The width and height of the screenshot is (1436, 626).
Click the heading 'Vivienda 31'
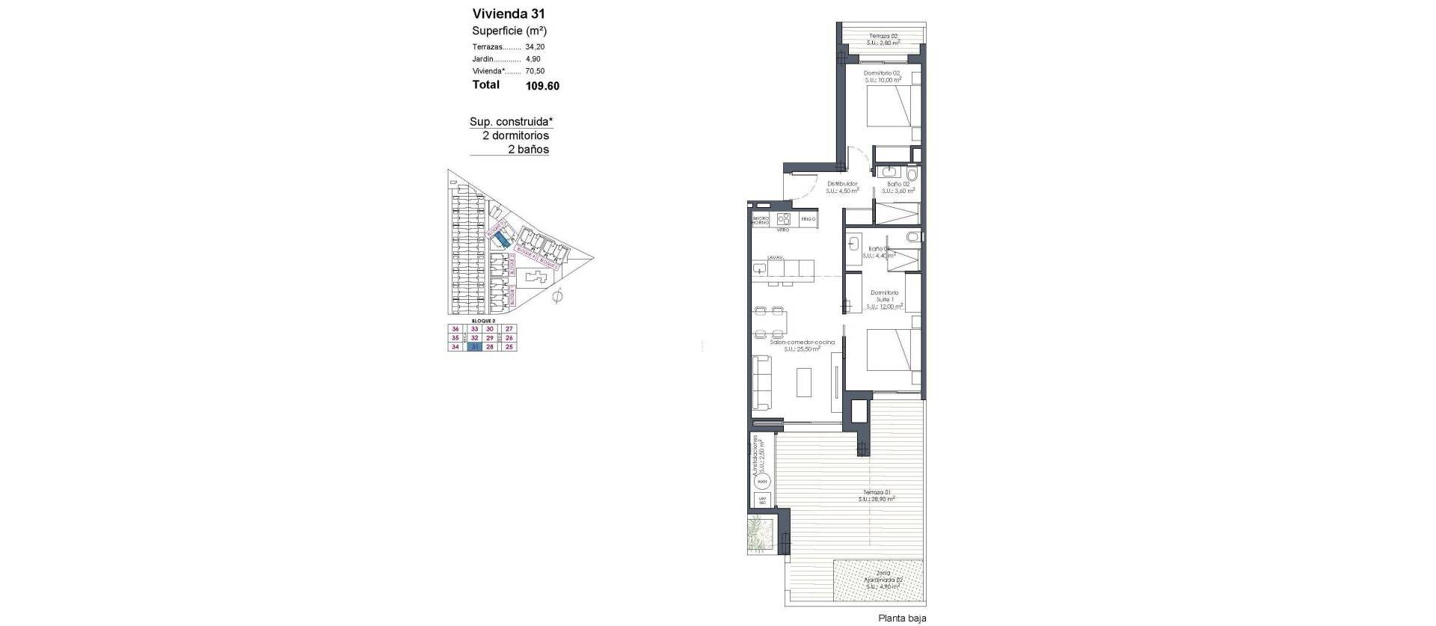click(508, 13)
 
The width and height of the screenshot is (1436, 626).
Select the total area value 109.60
click(542, 86)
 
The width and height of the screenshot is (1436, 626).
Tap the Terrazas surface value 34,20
click(535, 46)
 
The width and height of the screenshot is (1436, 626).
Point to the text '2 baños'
click(528, 150)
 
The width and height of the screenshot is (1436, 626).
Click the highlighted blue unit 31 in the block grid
click(473, 347)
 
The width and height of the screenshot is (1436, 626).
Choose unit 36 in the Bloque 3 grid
click(455, 329)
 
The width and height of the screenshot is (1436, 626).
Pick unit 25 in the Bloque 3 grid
click(509, 347)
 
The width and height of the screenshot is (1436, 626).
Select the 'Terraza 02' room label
click(882, 36)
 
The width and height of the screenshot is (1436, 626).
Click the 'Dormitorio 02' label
click(883, 73)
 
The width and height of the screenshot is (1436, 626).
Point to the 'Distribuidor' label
click(842, 184)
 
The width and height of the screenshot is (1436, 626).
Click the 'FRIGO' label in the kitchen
click(808, 220)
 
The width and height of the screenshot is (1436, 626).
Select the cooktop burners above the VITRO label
click(785, 219)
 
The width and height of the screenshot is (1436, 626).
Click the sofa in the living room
click(761, 382)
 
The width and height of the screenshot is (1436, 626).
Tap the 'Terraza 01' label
click(876, 493)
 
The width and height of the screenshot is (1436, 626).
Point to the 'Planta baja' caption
click(902, 619)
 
